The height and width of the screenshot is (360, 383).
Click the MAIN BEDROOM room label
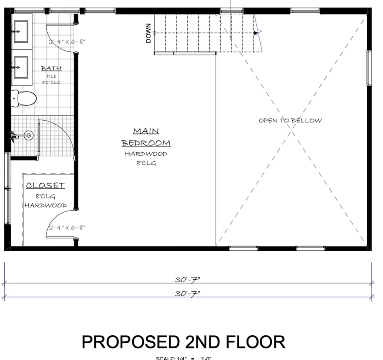(146, 137)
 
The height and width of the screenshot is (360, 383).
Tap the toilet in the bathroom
(24, 99)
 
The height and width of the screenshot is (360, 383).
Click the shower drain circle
(29, 136)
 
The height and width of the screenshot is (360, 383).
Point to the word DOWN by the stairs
(148, 33)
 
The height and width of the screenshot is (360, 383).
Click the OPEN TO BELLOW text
(290, 121)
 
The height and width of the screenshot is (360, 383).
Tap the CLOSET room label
(45, 186)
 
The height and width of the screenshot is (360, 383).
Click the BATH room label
(51, 68)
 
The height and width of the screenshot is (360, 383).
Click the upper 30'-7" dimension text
(188, 280)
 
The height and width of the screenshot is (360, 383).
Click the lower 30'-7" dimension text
(188, 293)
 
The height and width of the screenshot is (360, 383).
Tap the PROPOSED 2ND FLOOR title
(183, 342)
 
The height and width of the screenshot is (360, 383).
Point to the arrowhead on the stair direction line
(256, 32)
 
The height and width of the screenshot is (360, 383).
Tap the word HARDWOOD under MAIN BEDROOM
(146, 154)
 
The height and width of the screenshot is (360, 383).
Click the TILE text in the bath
(51, 76)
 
